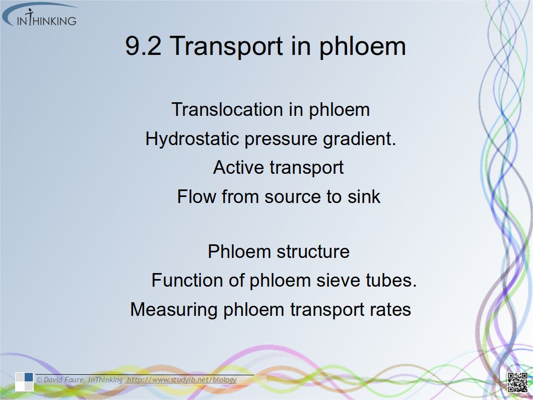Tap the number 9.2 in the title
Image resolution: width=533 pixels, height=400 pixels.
pos(143,46)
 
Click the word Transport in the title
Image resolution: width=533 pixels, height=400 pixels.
pos(226,46)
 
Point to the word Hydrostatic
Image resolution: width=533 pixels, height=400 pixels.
pos(192,139)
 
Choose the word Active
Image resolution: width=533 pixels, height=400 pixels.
pos(239,167)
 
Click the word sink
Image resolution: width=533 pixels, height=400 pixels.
pos(364,196)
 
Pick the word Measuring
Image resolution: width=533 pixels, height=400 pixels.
pos(174,310)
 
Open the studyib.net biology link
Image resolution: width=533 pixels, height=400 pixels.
pos(181,380)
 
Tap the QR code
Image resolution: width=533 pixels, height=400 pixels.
pos(517,382)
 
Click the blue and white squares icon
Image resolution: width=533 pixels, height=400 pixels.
pos(24,382)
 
